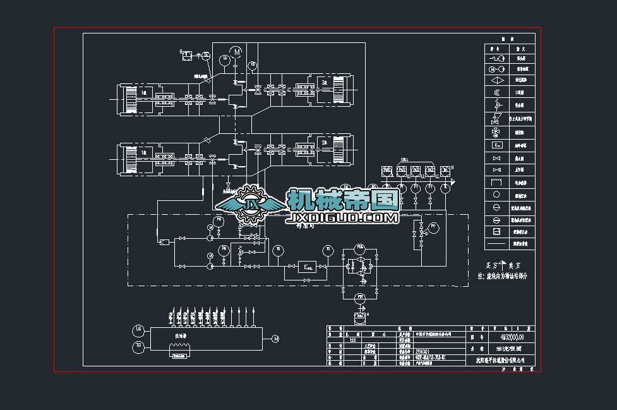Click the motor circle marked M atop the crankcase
[x=236, y=51]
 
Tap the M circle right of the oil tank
[x=275, y=339]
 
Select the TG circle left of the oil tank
[x=138, y=346]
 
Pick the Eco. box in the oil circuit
[x=308, y=267]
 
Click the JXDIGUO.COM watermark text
[x=342, y=218]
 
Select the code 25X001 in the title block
[x=421, y=351]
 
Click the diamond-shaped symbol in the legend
[x=496, y=80]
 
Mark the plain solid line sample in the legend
[x=496, y=243]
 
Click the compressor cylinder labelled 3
[x=323, y=84]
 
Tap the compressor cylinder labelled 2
[x=323, y=151]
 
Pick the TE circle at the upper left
[x=206, y=55]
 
